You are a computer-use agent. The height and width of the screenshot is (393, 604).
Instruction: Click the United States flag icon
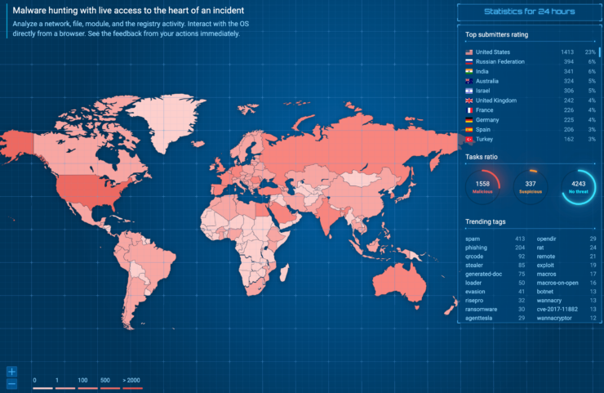[x=469, y=52]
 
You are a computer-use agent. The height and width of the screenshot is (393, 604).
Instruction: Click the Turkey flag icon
[x=469, y=140]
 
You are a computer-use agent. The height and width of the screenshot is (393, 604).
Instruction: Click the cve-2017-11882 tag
[x=557, y=309]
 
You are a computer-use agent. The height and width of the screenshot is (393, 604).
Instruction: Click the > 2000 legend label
[x=132, y=381]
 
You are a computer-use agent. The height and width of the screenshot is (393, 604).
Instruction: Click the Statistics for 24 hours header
[x=529, y=11]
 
